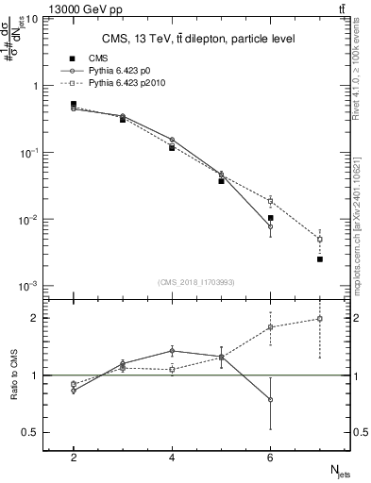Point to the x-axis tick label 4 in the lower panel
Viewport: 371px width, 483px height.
pyautogui.click(x=172, y=458)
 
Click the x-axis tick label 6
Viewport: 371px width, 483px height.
pyautogui.click(x=270, y=458)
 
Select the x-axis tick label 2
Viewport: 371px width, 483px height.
pyautogui.click(x=74, y=458)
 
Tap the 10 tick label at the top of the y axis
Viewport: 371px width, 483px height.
pyautogui.click(x=31, y=19)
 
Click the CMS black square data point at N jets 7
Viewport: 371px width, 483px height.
pyautogui.click(x=320, y=259)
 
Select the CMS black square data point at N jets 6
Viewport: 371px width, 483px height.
pyautogui.click(x=271, y=218)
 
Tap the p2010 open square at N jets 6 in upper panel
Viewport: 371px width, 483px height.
pyautogui.click(x=271, y=201)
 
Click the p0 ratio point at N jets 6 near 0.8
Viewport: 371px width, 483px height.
pyautogui.click(x=271, y=399)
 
